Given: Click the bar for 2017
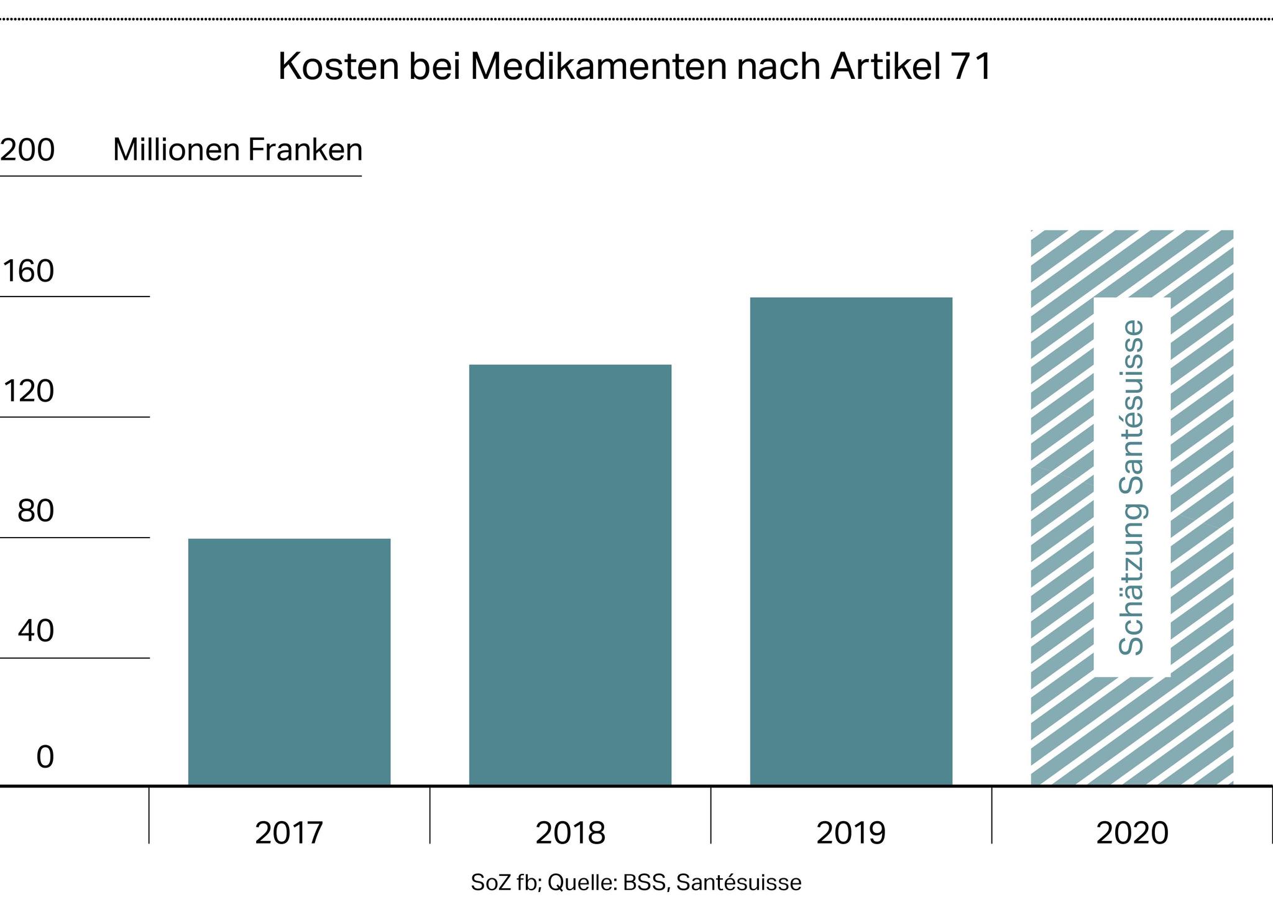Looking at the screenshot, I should pyautogui.click(x=289, y=661).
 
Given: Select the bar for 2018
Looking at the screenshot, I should pyautogui.click(x=570, y=574).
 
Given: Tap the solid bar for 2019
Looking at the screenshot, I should pyautogui.click(x=851, y=541).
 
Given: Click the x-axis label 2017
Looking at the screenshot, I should pyautogui.click(x=289, y=833).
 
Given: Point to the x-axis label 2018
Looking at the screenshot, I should pyautogui.click(x=570, y=833).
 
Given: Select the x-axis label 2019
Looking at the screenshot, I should pyautogui.click(x=851, y=833).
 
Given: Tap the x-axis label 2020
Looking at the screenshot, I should pyautogui.click(x=1132, y=833).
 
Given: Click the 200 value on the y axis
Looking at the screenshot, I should pyautogui.click(x=27, y=150).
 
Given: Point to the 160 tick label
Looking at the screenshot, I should pyautogui.click(x=29, y=272).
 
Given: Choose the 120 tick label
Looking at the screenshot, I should pyautogui.click(x=29, y=392).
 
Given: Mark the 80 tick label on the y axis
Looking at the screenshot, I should pyautogui.click(x=35, y=512).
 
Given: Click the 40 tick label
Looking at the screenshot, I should pyautogui.click(x=35, y=632).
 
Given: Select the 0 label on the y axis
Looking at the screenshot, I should pyautogui.click(x=45, y=757).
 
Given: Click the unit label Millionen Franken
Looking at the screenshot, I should pyautogui.click(x=237, y=150).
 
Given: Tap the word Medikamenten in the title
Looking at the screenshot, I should pyautogui.click(x=599, y=67).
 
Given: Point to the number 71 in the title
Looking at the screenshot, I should pyautogui.click(x=972, y=67).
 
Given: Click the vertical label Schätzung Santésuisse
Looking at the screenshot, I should pyautogui.click(x=1132, y=487).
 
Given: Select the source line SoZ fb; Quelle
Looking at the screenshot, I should pyautogui.click(x=636, y=883).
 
